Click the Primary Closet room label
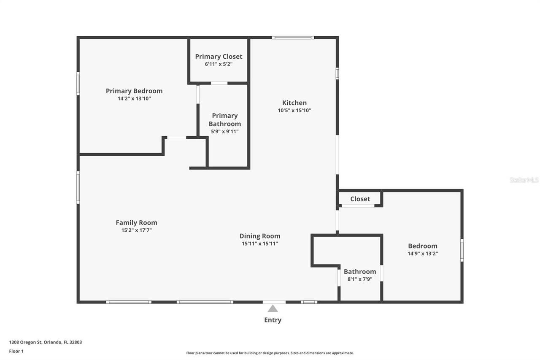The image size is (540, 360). click(219, 57)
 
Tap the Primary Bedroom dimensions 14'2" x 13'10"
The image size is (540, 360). click(134, 98)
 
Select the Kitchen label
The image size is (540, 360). click(294, 103)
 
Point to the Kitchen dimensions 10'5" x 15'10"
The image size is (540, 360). click(294, 111)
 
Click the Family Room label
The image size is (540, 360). click(136, 222)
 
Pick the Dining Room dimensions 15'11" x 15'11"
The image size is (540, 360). click(260, 244)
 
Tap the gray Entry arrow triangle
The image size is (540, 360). click(273, 309)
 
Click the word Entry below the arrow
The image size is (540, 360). click(273, 320)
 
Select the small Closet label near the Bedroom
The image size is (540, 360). click(360, 199)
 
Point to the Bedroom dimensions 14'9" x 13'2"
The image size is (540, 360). click(423, 253)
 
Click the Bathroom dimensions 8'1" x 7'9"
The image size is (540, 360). click(360, 279)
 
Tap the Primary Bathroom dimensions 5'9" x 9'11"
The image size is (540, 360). click(225, 131)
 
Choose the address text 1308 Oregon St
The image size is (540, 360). click(26, 342)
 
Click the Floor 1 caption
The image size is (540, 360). click(16, 351)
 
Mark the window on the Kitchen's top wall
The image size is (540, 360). click(293, 38)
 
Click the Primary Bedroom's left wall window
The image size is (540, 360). click(78, 84)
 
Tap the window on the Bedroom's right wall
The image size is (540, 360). click(462, 250)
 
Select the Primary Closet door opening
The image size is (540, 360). click(219, 83)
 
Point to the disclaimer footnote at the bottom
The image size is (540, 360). click(270, 353)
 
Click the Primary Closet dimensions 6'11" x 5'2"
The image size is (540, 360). click(219, 64)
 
